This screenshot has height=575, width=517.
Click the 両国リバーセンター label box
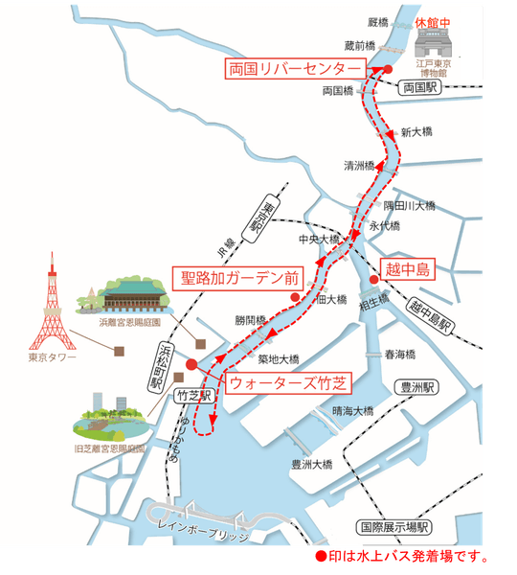[294, 69]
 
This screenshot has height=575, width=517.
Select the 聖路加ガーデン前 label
[240, 279]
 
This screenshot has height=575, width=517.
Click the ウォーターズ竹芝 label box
[285, 382]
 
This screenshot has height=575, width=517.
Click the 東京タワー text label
[50, 359]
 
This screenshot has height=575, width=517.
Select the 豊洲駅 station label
[418, 388]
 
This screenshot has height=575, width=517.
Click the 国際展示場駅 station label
[394, 527]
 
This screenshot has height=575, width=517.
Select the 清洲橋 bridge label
[359, 165]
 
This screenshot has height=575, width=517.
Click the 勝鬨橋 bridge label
[250, 320]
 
